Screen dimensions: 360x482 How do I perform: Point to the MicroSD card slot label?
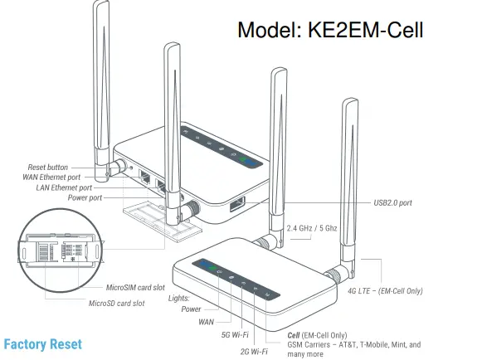click(117, 303)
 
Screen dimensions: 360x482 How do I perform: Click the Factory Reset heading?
click(42, 344)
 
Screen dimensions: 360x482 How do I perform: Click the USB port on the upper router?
click(236, 203)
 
